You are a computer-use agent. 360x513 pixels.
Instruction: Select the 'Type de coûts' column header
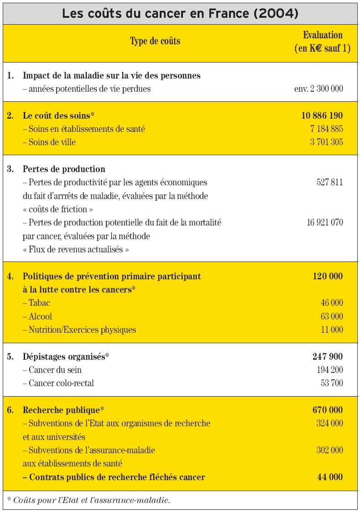pos(155,41)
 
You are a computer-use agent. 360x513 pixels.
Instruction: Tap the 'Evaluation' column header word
pos(323,35)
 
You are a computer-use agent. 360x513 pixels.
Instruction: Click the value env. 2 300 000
pos(318,89)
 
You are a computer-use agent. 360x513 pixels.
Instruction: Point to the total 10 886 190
pos(322,115)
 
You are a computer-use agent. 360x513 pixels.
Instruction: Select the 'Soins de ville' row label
pos(49,142)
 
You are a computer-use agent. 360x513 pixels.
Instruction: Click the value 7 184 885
pos(326,129)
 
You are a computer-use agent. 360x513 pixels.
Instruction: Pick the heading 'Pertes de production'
pos(64,169)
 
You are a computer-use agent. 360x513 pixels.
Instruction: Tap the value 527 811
pos(329,183)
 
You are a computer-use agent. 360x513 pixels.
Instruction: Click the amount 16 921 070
pos(325,223)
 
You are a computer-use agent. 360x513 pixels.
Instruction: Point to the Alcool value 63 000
pos(332,316)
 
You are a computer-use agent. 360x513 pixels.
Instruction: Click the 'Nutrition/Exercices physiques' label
pos(79,330)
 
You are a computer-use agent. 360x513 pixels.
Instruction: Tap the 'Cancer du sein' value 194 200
pos(329,370)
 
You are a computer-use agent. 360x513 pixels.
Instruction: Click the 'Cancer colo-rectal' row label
pos(58,383)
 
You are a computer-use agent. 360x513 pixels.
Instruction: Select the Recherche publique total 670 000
pos(328,410)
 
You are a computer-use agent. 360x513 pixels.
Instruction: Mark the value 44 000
pos(330,477)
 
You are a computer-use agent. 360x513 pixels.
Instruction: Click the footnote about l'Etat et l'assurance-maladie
pos(89,500)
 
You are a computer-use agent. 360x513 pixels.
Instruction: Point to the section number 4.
pos(10,276)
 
